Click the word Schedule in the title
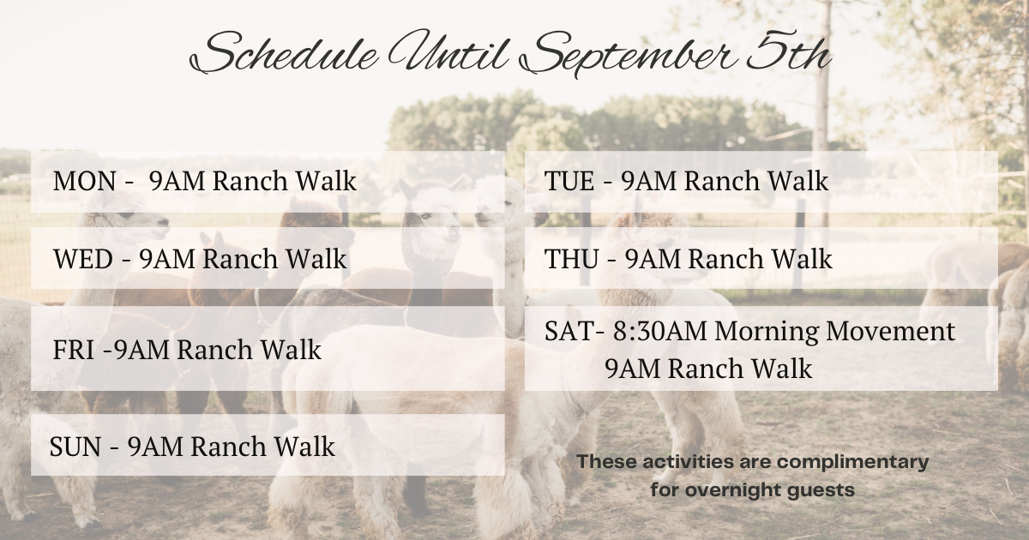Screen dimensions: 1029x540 point(285,54)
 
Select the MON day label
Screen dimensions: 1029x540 point(85,181)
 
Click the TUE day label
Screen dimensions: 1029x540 point(569,181)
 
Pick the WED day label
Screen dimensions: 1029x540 point(83,259)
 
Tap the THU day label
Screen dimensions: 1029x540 point(571,259)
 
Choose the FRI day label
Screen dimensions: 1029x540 point(74,351)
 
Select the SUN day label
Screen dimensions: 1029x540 point(75,447)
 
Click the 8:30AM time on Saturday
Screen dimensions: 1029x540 point(660,331)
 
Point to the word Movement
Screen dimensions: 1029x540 point(891,331)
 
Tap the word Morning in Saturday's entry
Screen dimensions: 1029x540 point(767,332)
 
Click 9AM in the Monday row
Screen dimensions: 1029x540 point(177,181)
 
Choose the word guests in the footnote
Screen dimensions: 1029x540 point(821,491)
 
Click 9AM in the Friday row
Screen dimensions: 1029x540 point(142,351)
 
